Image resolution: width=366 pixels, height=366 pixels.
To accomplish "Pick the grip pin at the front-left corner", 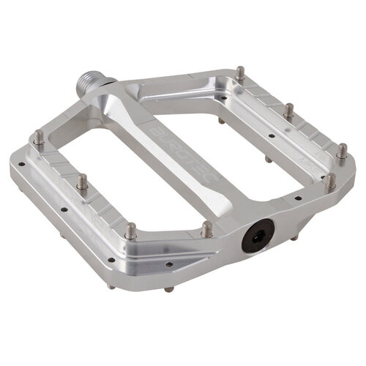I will (x=131, y=231).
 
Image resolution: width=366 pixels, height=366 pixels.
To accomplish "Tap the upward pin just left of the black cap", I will (x=207, y=229).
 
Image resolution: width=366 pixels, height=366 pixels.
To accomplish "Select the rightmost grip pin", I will (x=341, y=151).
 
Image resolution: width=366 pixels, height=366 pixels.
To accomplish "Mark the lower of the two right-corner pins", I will (x=330, y=180).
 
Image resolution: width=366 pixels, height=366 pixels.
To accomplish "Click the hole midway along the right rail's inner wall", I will (x=271, y=135).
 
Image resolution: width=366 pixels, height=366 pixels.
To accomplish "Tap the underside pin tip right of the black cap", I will (x=294, y=237).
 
